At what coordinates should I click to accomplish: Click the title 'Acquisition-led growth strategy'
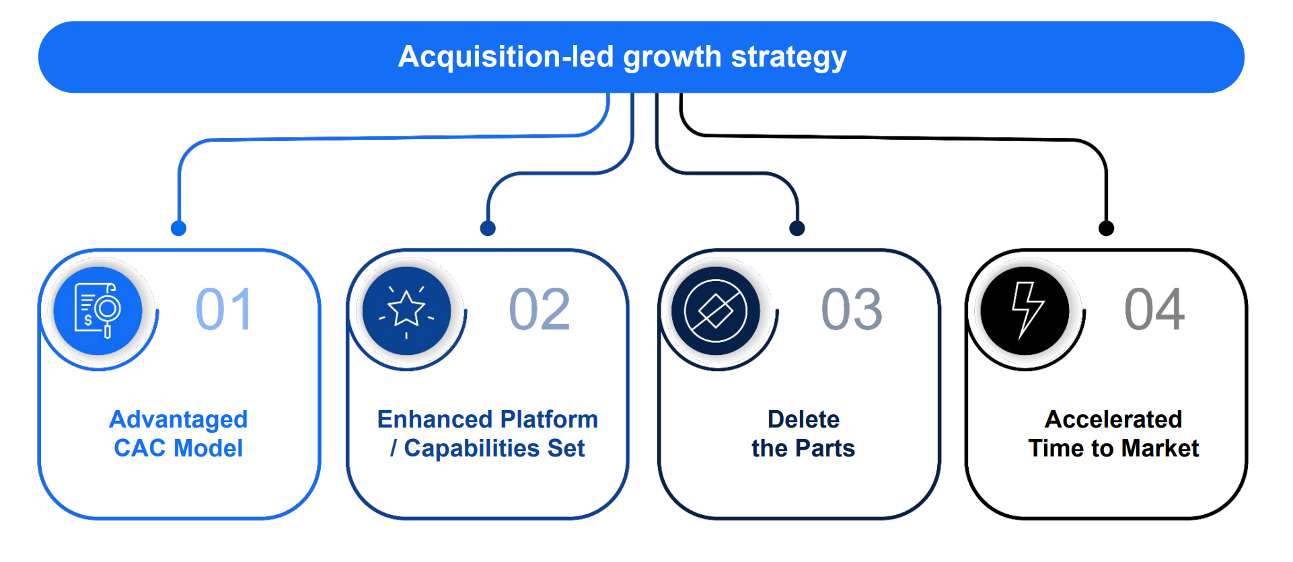pos(622,57)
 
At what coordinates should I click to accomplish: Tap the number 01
pos(224,310)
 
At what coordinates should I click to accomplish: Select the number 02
pos(540,310)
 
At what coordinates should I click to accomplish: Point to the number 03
pos(852,310)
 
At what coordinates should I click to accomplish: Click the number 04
pos(1154,310)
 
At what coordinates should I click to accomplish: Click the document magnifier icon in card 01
pos(98,311)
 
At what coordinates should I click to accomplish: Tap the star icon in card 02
pos(406,311)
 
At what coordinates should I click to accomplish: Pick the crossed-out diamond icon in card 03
pos(715,311)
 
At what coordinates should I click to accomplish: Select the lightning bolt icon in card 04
pos(1025,311)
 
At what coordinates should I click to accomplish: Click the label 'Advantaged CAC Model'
pos(178,434)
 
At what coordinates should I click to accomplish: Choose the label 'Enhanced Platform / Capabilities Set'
pos(488,434)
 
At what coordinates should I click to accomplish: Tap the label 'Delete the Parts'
pos(803,434)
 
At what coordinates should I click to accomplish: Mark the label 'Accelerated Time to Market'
pos(1113,434)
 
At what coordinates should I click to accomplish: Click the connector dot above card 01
pos(178,229)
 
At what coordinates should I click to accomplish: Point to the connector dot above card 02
pos(488,229)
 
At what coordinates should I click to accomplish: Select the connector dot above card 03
pos(797,229)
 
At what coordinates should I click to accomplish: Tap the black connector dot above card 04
pos(1106,229)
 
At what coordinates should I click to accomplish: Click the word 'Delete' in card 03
pos(803,419)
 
